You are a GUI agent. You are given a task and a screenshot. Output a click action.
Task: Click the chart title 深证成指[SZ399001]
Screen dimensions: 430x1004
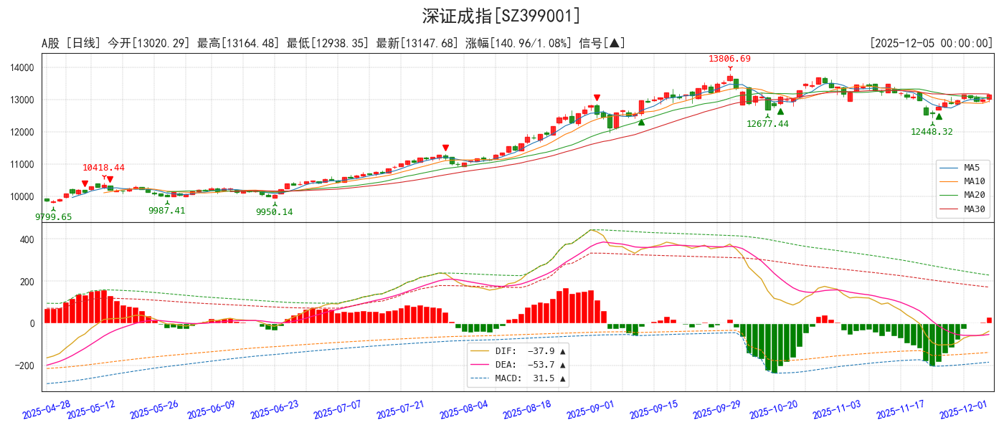click(501, 16)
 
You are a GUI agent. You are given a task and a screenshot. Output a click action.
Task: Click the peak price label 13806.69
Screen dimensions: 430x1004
click(729, 59)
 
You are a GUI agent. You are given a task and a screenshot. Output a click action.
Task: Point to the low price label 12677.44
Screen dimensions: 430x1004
click(767, 124)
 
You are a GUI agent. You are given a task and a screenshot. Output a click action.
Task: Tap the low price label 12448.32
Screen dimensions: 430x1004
click(932, 132)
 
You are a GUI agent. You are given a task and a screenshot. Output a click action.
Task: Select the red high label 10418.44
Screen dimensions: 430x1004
click(103, 168)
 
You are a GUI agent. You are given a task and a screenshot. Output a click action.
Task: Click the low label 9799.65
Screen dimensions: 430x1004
click(53, 216)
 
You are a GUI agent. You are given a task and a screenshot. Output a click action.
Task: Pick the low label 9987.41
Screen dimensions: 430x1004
click(166, 211)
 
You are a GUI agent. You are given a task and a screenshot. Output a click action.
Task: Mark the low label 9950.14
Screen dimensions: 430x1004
click(274, 212)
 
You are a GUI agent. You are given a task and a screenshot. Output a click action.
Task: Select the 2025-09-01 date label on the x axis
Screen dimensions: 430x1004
click(589, 409)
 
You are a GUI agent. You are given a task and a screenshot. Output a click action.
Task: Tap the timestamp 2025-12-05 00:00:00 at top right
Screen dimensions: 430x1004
click(931, 44)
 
